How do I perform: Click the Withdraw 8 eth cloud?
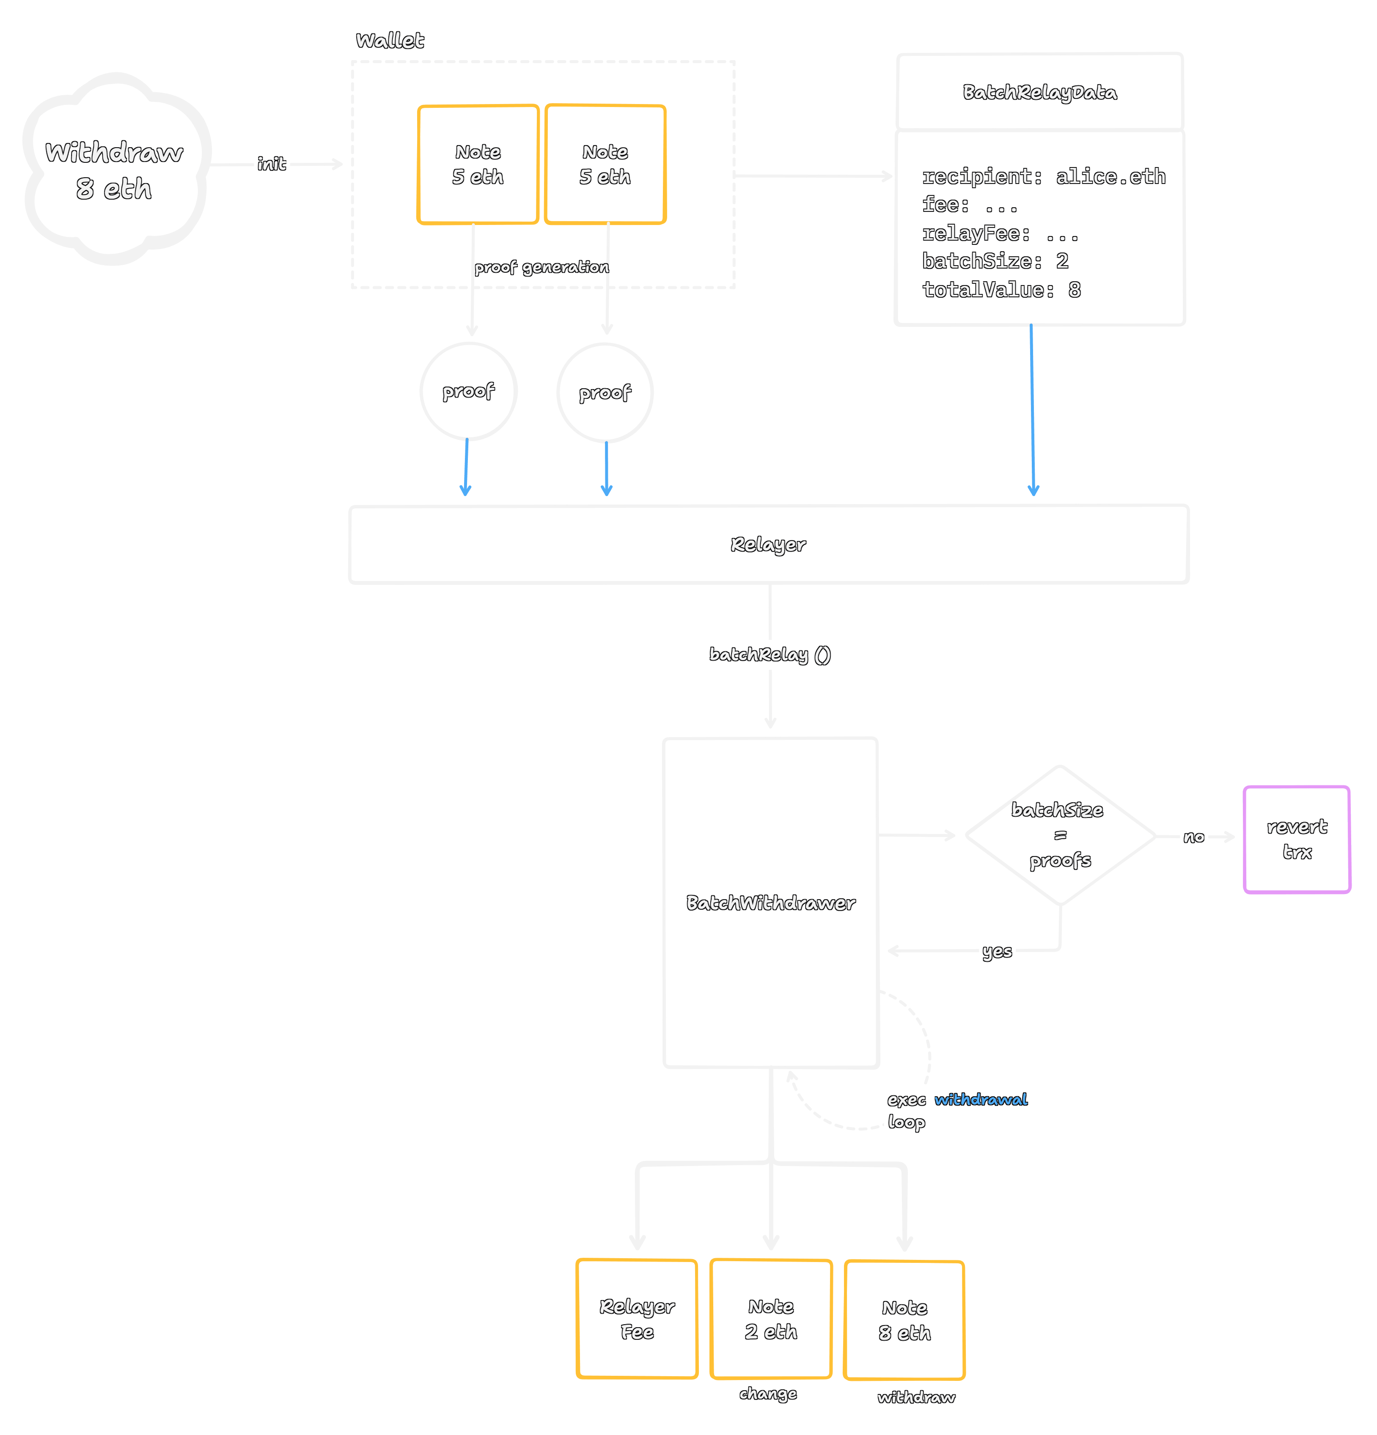tap(115, 170)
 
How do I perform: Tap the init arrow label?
tap(271, 164)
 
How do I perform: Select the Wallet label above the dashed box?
tap(390, 41)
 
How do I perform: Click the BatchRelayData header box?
tap(1039, 92)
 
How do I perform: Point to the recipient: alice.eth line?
tap(1043, 176)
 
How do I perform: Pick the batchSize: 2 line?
tap(995, 261)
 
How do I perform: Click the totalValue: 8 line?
tap(1000, 290)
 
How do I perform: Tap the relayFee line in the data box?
tap(1000, 233)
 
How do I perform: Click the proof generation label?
tap(541, 267)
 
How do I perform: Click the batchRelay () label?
tap(770, 655)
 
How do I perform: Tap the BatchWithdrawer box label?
tap(770, 903)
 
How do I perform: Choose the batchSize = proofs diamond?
tap(1060, 835)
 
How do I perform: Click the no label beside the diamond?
tap(1194, 837)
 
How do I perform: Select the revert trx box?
tap(1297, 839)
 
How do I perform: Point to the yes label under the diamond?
tap(997, 951)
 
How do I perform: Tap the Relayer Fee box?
tap(637, 1319)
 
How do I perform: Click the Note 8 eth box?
tap(904, 1320)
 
